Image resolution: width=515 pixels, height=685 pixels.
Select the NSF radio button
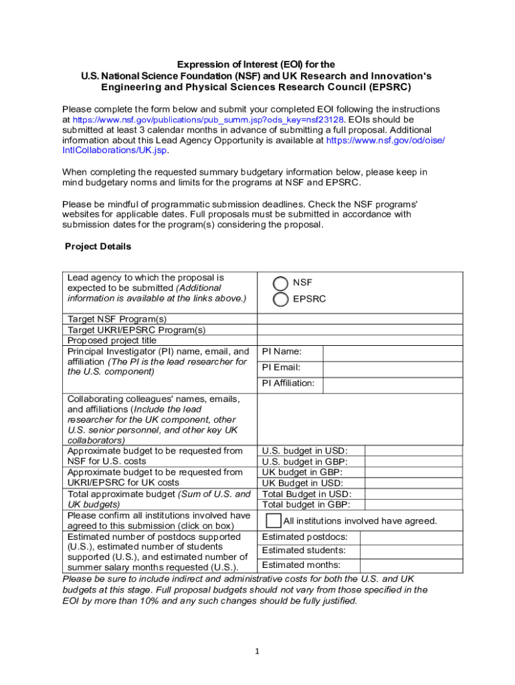(281, 283)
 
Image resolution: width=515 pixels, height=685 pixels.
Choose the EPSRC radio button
(281, 299)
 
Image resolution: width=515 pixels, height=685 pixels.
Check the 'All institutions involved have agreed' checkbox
(274, 520)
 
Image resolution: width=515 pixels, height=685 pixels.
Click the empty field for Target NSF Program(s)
(360, 319)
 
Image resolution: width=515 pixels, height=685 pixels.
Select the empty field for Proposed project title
(360, 340)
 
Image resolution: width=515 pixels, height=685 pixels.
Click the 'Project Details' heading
(98, 247)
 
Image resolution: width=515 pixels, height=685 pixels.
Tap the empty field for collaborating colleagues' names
(360, 419)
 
